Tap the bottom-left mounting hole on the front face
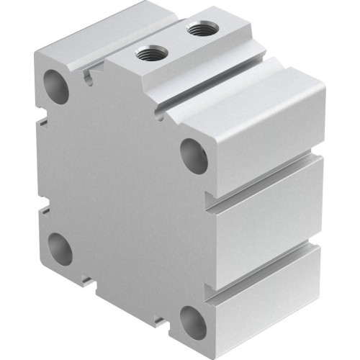[60, 248]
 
